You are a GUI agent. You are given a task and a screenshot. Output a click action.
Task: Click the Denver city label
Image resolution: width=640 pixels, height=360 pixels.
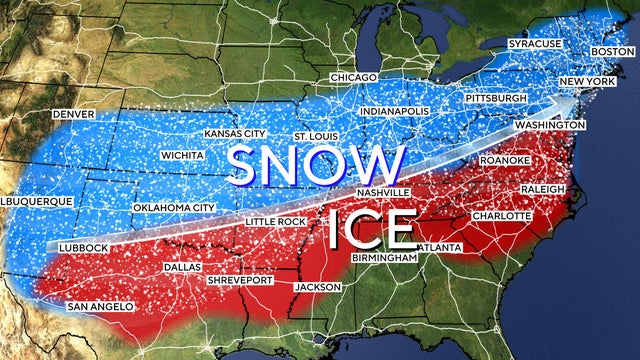pyautogui.click(x=73, y=115)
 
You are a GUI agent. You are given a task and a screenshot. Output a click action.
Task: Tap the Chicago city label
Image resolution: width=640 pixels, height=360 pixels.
pyautogui.click(x=355, y=78)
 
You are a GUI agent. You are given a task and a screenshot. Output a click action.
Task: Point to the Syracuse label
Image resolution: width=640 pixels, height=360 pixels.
pyautogui.click(x=535, y=45)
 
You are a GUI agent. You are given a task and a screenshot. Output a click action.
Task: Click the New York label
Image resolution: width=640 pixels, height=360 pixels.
pyautogui.click(x=585, y=81)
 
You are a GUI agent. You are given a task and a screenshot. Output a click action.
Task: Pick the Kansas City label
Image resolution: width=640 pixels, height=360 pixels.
pyautogui.click(x=234, y=133)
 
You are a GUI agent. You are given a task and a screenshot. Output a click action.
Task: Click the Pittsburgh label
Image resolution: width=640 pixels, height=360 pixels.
pyautogui.click(x=495, y=99)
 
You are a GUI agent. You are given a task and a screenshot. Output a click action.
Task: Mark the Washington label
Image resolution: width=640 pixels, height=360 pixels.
pyautogui.click(x=550, y=125)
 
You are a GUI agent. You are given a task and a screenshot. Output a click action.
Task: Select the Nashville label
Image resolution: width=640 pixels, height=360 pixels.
pyautogui.click(x=382, y=191)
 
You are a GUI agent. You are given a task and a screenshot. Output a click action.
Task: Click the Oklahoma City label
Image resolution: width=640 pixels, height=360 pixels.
pyautogui.click(x=174, y=208)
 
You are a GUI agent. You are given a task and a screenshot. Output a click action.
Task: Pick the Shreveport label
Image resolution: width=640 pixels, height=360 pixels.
pyautogui.click(x=239, y=281)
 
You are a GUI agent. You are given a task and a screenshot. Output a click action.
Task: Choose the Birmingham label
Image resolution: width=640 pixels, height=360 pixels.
pyautogui.click(x=384, y=258)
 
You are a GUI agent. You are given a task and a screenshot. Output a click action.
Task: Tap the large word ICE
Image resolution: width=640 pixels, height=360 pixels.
pyautogui.click(x=370, y=229)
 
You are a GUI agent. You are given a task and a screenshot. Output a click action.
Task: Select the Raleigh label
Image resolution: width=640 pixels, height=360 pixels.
pyautogui.click(x=543, y=189)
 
